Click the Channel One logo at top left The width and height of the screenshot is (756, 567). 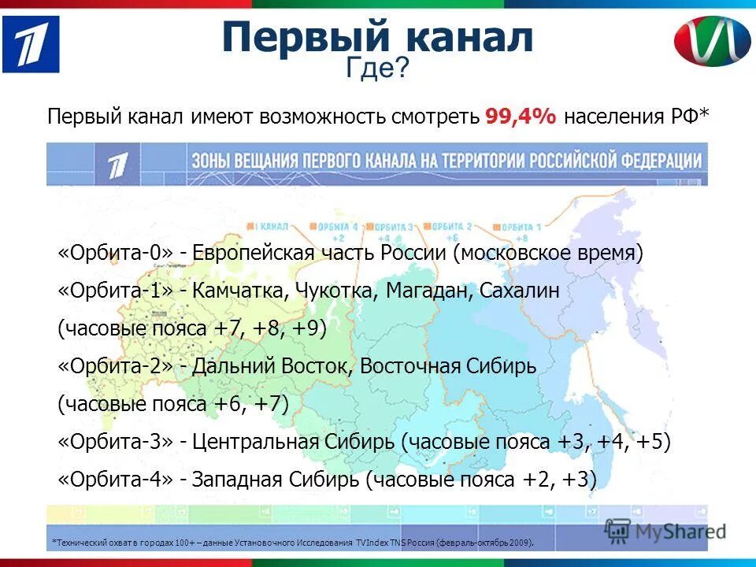[x=31, y=44]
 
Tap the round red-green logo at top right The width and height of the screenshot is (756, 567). [x=712, y=45]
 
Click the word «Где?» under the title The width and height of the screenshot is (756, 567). [x=377, y=69]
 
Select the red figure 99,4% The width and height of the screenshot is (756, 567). [x=521, y=117]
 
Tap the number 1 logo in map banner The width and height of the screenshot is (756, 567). [x=117, y=165]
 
